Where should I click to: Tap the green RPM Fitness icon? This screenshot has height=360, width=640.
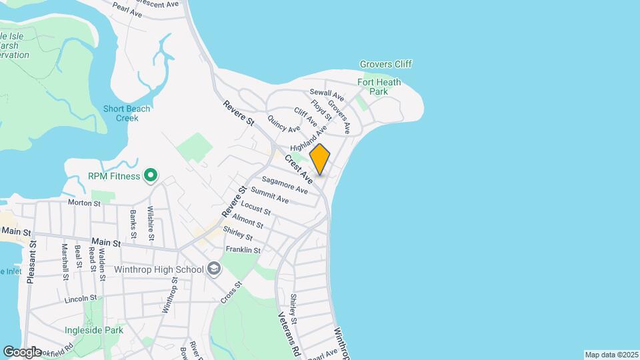click(151, 176)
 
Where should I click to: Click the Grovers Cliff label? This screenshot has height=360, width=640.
click(386, 64)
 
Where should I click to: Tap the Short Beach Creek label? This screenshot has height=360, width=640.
click(127, 113)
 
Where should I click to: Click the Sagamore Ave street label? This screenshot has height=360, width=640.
click(285, 185)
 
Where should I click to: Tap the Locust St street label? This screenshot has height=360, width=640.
click(256, 208)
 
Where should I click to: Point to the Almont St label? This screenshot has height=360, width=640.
click(248, 221)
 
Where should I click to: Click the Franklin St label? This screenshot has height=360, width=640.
click(242, 250)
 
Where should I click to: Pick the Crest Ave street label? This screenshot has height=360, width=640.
click(299, 169)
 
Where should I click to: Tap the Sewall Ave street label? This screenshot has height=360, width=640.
click(326, 95)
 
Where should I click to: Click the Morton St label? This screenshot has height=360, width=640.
click(83, 202)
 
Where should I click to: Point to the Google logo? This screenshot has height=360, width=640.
click(22, 351)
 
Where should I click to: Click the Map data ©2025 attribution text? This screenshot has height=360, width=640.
click(611, 355)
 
